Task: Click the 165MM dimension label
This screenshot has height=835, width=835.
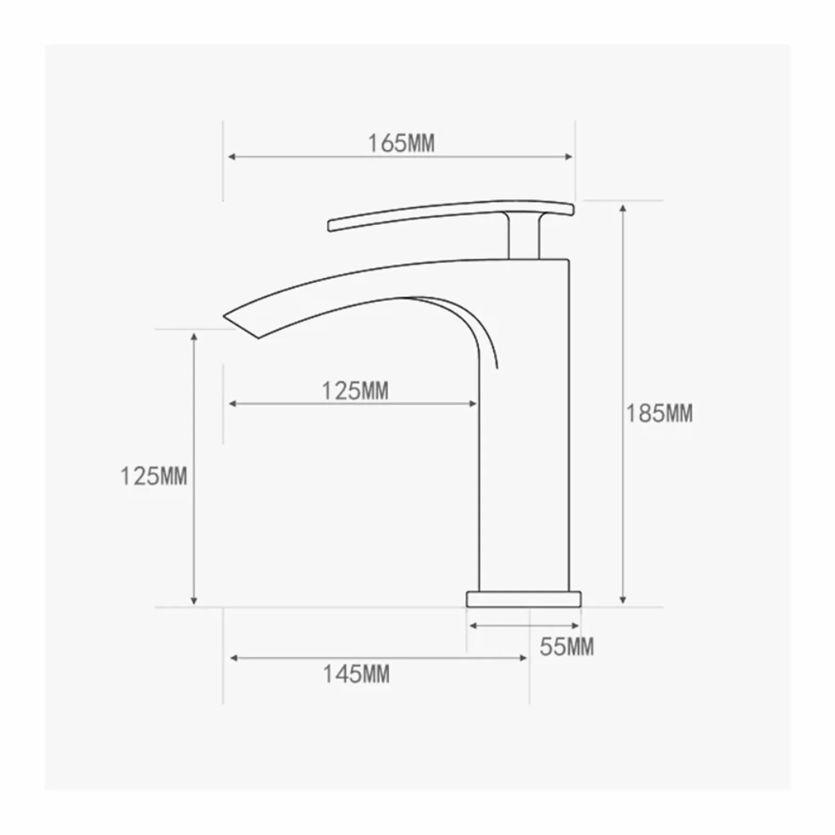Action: (402, 143)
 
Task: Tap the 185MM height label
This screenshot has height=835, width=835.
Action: (659, 414)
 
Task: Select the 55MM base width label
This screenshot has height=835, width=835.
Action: (567, 646)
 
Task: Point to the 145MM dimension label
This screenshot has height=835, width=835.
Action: (356, 674)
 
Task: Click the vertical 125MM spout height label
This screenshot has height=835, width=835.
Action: (154, 476)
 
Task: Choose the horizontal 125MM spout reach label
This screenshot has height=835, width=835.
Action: (355, 391)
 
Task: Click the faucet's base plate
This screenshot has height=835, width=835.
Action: (524, 599)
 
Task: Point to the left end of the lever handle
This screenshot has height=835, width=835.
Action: (330, 226)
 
